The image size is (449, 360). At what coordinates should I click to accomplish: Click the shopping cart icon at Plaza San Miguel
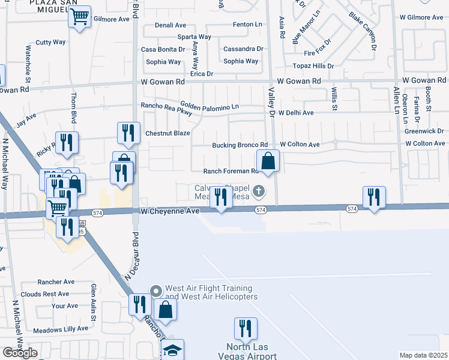[79, 18]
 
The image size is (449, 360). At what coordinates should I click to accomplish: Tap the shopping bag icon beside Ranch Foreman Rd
[268, 161]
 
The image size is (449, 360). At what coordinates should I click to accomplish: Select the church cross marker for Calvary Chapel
[259, 192]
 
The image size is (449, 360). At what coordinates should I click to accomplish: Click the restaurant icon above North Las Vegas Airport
[246, 328]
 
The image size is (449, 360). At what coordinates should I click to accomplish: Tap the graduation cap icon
[172, 350]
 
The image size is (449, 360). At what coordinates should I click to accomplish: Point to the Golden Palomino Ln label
[209, 106]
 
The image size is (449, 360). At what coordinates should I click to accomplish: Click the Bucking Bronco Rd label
[240, 145]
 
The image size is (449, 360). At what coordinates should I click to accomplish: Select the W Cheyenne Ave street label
[170, 211]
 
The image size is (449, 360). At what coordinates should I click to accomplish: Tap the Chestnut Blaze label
[167, 133]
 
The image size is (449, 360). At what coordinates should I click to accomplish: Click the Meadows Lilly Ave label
[61, 329]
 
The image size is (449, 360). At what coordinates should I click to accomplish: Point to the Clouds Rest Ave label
[45, 294]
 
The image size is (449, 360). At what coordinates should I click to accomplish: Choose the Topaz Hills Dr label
[313, 65]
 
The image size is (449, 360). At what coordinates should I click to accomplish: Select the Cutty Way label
[50, 42]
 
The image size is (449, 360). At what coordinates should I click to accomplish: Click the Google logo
[20, 353]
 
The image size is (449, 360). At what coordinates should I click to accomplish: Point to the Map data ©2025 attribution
[423, 355]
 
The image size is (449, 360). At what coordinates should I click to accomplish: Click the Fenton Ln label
[248, 25]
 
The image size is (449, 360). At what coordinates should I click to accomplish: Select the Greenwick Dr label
[424, 130]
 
